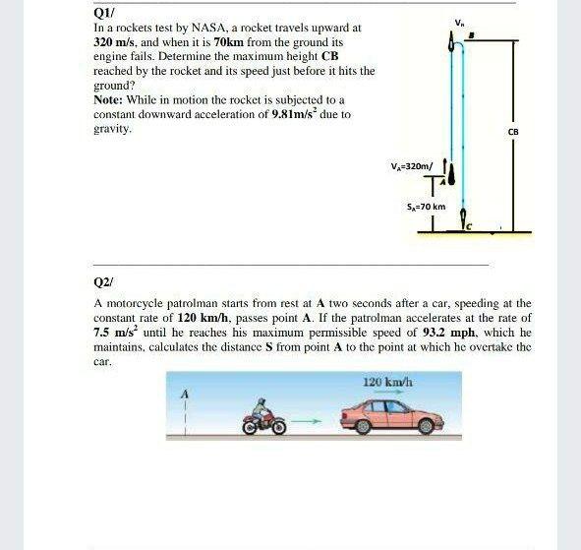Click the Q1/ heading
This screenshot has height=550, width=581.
coord(103,14)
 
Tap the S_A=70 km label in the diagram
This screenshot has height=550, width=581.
coord(426,208)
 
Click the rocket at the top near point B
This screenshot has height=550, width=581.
coord(451,43)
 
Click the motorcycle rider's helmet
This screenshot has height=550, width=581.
coord(261,405)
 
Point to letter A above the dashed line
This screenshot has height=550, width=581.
coord(183,395)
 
